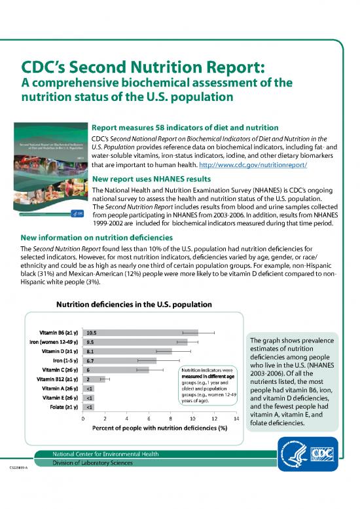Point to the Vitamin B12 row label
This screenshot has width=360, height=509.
[58, 379]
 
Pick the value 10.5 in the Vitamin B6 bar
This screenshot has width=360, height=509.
[92, 332]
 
